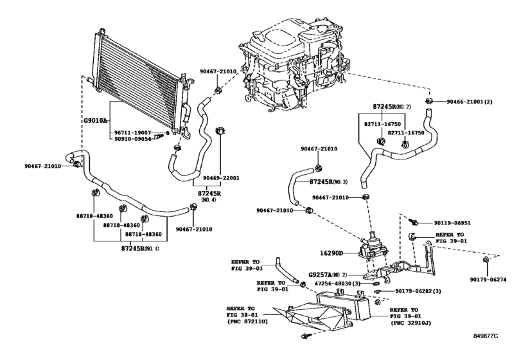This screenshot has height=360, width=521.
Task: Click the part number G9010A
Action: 94,120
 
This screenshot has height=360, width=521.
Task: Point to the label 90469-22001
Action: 221,178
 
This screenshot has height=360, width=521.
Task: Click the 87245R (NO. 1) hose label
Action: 140,248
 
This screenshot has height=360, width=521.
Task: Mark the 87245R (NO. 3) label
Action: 328,182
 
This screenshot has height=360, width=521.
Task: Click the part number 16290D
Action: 331,253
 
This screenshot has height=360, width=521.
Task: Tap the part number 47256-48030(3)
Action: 337,283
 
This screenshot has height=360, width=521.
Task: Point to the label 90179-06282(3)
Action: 418,291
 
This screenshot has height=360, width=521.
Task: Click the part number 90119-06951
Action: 452,223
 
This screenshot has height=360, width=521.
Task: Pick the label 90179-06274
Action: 488,280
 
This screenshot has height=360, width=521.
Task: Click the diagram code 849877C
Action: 486,336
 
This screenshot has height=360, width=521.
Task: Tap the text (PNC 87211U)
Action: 247,321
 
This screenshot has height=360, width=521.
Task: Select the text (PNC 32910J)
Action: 411,323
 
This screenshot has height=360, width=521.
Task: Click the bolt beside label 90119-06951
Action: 413,221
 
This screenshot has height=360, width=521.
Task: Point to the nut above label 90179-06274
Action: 486,259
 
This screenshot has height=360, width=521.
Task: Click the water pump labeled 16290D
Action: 372,247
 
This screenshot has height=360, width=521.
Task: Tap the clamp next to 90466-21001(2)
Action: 429,101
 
